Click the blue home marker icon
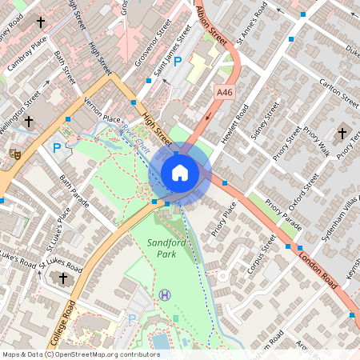180,172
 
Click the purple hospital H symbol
165,295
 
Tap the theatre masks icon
14,152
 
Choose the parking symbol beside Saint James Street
178,61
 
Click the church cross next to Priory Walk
342,133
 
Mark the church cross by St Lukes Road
63,278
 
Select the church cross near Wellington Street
29,122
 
